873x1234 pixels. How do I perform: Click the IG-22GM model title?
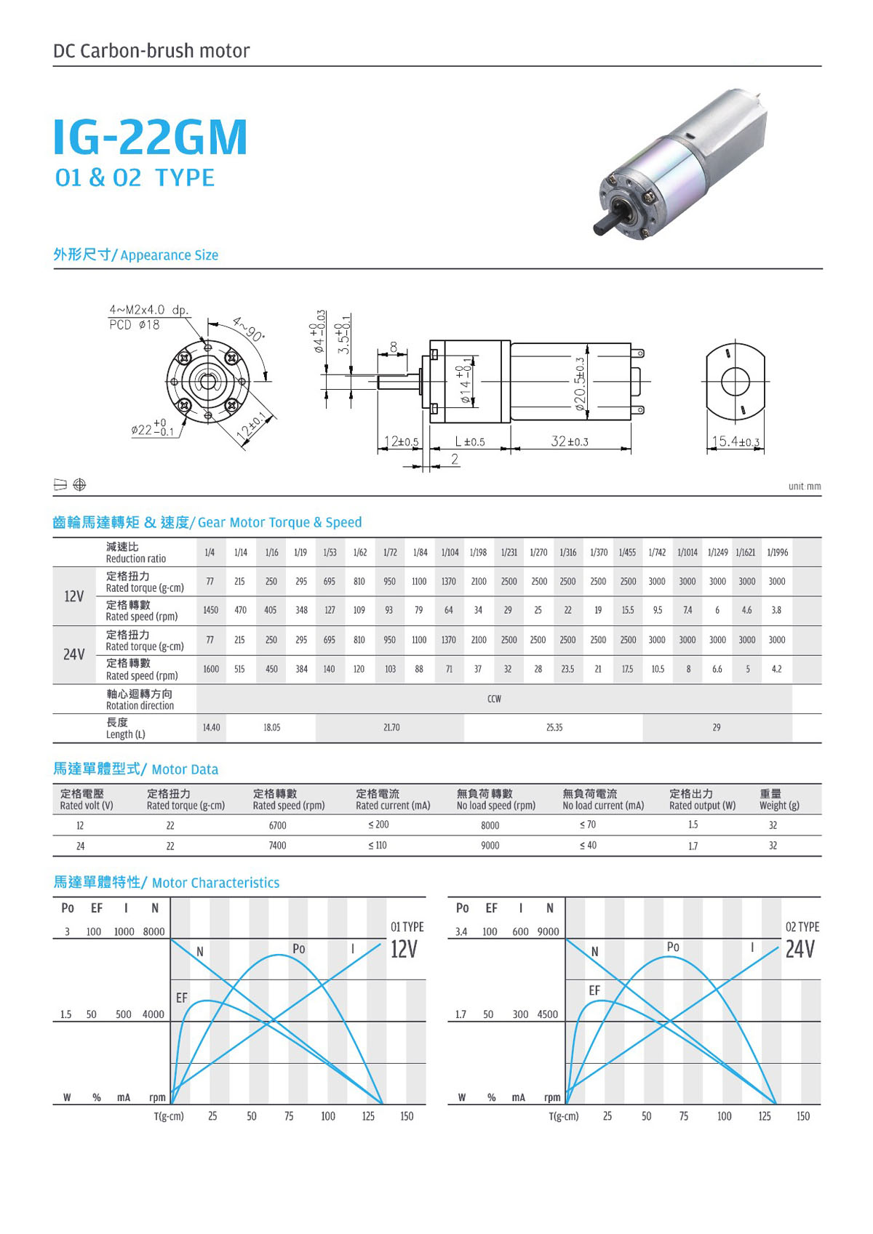click(151, 137)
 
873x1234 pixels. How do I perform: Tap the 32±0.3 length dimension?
click(570, 441)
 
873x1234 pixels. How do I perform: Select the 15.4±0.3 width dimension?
click(735, 441)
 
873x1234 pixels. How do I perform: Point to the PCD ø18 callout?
click(134, 325)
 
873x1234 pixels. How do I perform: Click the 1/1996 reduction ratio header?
click(777, 553)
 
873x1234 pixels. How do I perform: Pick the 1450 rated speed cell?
click(210, 610)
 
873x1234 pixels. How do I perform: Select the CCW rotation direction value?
click(494, 699)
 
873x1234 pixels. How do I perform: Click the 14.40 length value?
click(211, 727)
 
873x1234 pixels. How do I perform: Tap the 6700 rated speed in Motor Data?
click(277, 825)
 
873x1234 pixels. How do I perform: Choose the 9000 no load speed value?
click(490, 846)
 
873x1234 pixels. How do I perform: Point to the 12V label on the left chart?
click(404, 949)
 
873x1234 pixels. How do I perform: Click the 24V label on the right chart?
click(800, 949)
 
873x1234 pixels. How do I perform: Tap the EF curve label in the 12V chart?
click(181, 998)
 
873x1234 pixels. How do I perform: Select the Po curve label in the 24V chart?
click(673, 947)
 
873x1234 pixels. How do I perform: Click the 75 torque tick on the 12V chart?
click(289, 1116)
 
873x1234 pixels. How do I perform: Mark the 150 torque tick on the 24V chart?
click(802, 1116)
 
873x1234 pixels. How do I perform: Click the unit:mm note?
click(804, 486)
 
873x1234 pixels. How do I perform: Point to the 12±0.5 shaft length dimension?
click(401, 441)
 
